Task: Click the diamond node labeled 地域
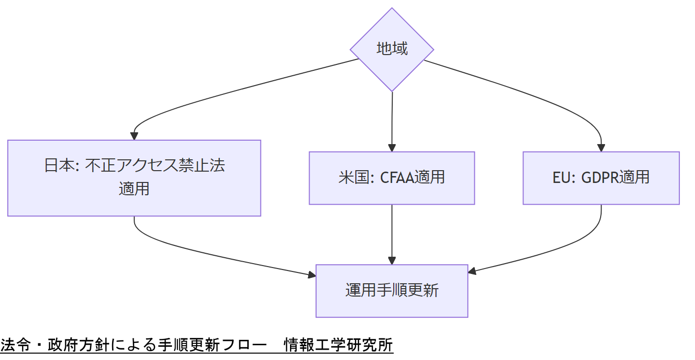pyautogui.click(x=392, y=49)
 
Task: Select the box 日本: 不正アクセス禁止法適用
pyautogui.click(x=134, y=178)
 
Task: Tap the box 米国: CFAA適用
pyautogui.click(x=392, y=178)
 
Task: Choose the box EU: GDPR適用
pyautogui.click(x=601, y=178)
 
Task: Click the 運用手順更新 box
pyautogui.click(x=392, y=291)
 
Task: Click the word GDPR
pyautogui.click(x=600, y=178)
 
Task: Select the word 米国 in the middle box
pyautogui.click(x=353, y=178)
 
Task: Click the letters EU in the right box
pyautogui.click(x=560, y=178)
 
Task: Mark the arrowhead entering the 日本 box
pyautogui.click(x=134, y=136)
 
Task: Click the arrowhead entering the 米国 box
pyautogui.click(x=392, y=148)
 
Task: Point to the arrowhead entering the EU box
pyautogui.click(x=601, y=148)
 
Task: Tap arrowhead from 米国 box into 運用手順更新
pyautogui.click(x=392, y=261)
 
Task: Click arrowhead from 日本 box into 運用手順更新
pyautogui.click(x=312, y=275)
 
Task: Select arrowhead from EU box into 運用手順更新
pyautogui.click(x=472, y=271)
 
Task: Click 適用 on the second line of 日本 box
pyautogui.click(x=134, y=189)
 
